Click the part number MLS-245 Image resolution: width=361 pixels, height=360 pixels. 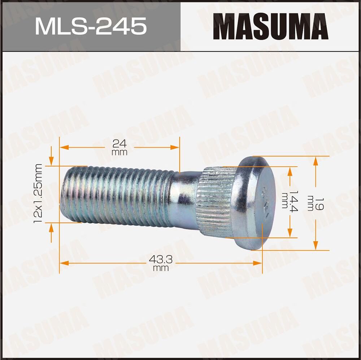click(91, 26)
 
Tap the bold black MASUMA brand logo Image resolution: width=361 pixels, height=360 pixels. click(270, 26)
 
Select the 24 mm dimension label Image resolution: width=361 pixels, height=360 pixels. click(119, 147)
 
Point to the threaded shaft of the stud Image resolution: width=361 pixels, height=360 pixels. click(116, 195)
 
